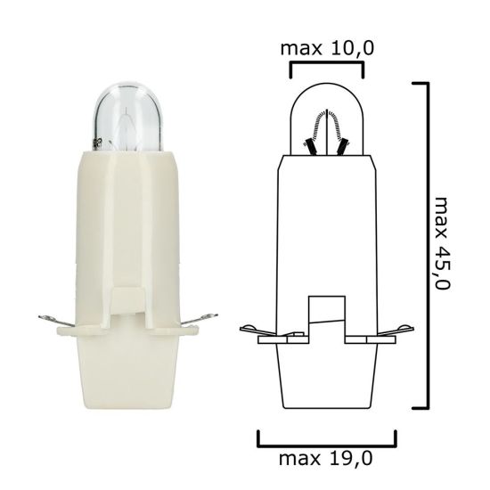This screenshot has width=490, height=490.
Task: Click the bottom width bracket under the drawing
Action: tap(326, 441)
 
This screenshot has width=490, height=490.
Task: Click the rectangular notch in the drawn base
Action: tap(326, 316)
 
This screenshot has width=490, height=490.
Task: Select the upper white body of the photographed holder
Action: tap(127, 223)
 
